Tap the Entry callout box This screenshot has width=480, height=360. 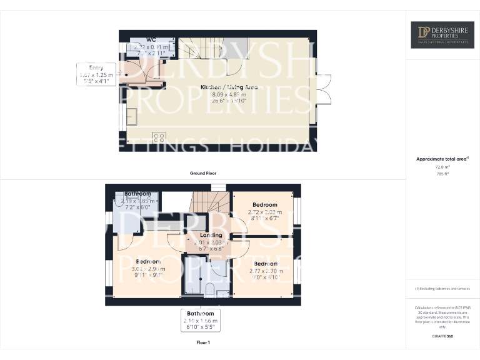96,74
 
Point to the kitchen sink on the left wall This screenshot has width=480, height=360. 132,116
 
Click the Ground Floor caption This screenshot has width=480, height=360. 203,173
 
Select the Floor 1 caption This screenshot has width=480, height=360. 203,342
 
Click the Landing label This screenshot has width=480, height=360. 207,236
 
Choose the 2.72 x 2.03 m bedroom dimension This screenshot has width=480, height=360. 265,212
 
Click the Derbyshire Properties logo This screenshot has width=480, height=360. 442,35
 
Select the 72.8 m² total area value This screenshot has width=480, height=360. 442,167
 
